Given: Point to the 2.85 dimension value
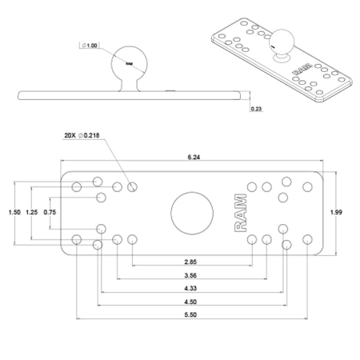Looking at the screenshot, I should click(x=191, y=262).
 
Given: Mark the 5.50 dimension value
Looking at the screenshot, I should click(x=191, y=315).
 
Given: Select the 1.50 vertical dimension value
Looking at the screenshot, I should click(x=14, y=212).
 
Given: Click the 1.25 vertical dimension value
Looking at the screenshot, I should click(x=32, y=212).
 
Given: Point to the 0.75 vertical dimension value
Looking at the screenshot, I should click(x=50, y=212).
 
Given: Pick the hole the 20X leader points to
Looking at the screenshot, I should click(x=132, y=186).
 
